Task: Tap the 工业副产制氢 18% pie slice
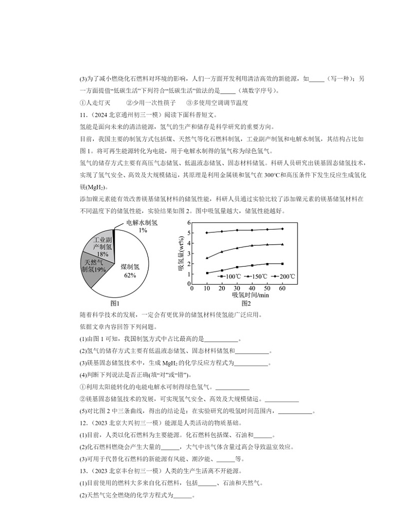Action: (x=101, y=246)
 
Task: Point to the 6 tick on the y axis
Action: (x=189, y=222)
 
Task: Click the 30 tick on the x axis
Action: (x=237, y=289)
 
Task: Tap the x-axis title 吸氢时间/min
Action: (x=250, y=295)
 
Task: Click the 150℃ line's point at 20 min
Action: (x=222, y=252)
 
